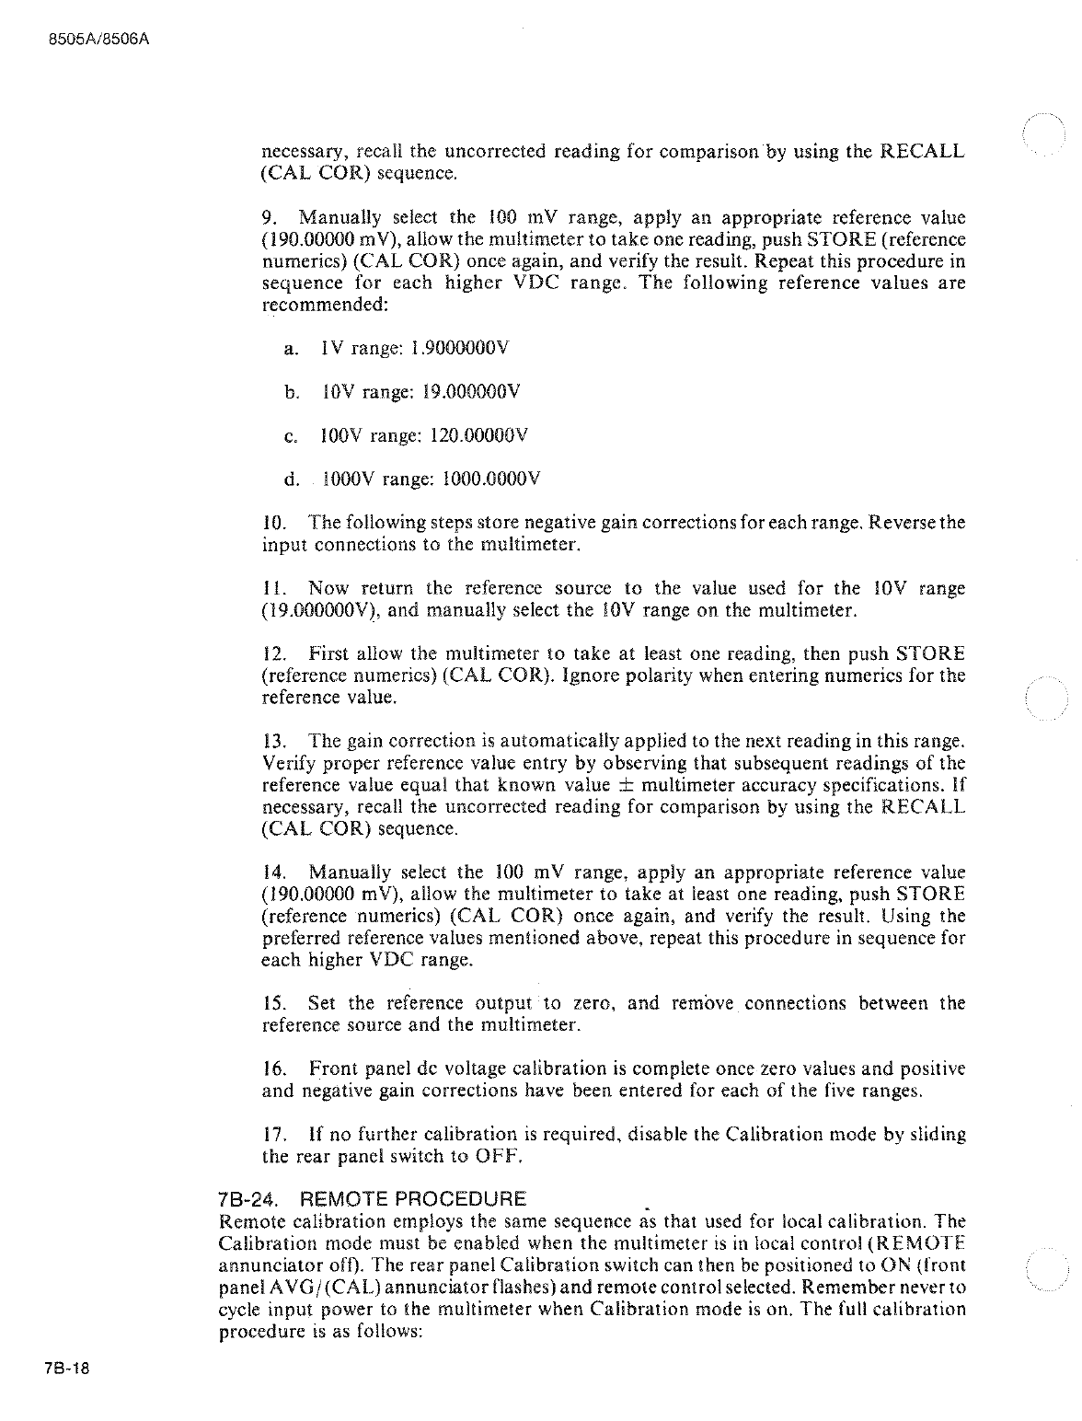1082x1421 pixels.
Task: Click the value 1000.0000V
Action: (x=491, y=479)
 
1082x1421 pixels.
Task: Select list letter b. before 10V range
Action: (x=292, y=393)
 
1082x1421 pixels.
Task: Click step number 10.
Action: (x=273, y=524)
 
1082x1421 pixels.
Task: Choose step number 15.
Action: (x=273, y=1003)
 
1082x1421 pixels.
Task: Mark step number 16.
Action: (x=273, y=1069)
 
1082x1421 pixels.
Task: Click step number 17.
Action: (x=273, y=1135)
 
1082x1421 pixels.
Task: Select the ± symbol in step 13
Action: (x=623, y=785)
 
